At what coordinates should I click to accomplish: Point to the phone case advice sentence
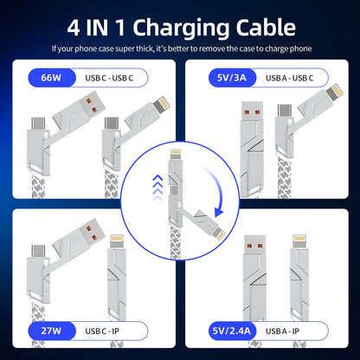(180, 48)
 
